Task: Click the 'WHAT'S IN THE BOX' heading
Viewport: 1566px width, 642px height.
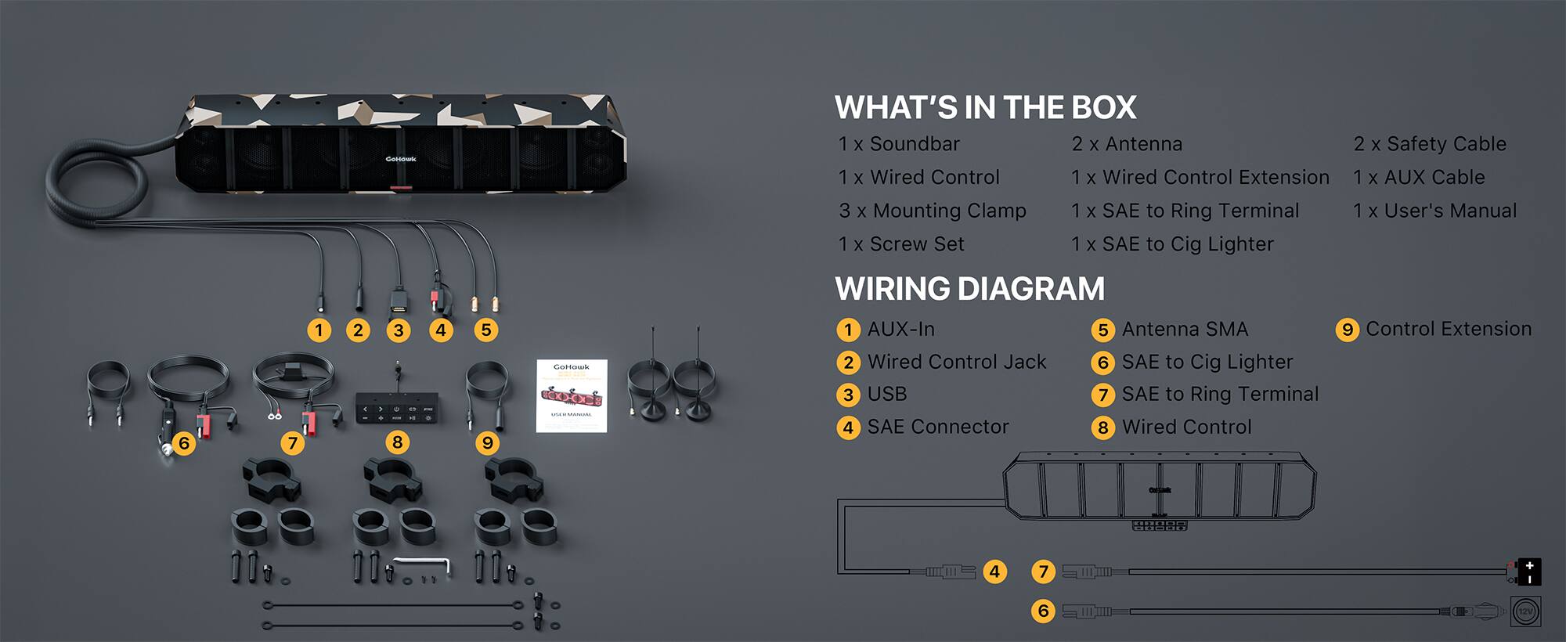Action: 985,107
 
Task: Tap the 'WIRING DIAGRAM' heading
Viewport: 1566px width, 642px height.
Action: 969,289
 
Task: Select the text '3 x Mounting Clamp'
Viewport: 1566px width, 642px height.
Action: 932,211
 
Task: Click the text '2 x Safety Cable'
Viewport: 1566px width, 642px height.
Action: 1430,144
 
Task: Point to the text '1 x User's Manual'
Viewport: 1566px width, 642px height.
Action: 1434,211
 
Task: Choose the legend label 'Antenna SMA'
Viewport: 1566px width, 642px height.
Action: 1185,329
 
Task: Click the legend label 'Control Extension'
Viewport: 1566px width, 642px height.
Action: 1449,329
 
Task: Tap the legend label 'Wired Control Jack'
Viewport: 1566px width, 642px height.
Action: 956,362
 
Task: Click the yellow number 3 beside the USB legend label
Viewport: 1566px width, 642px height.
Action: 848,395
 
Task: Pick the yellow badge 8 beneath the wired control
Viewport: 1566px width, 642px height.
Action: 397,442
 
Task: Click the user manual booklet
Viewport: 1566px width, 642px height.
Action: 572,395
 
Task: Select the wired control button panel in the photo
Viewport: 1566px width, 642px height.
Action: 397,409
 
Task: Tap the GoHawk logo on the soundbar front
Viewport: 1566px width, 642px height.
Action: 401,159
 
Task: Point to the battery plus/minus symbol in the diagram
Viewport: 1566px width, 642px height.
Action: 1528,572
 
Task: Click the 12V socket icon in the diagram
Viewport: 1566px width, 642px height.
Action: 1525,611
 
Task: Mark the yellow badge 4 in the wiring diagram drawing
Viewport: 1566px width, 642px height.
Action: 994,572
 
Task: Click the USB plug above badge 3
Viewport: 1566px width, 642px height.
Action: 399,301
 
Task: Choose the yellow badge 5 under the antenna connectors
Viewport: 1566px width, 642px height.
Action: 485,330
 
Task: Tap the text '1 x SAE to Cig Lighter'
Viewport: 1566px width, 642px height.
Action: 1172,244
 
